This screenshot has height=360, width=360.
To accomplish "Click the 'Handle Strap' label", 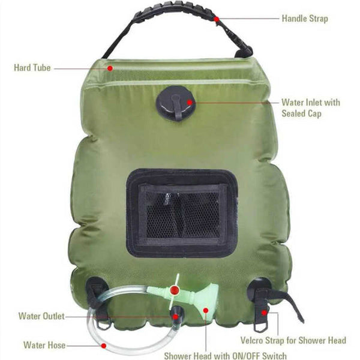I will (305, 19).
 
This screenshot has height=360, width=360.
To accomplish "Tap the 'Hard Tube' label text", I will (32, 68).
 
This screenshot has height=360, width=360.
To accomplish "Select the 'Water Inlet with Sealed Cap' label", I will (310, 107).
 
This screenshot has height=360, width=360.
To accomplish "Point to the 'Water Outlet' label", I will (41, 316).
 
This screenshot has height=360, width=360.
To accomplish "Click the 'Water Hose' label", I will (44, 345).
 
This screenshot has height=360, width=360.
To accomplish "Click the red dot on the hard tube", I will (110, 68).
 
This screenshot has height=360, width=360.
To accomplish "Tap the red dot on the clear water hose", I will (103, 345).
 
